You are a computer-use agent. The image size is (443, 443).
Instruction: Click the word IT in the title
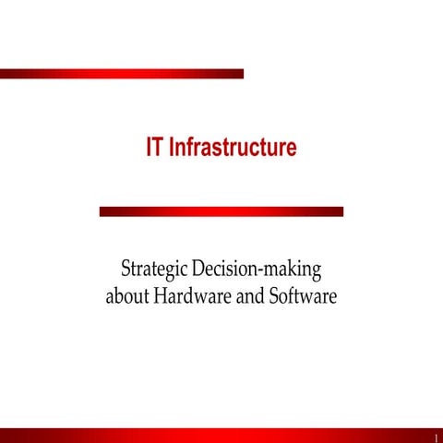tap(155, 148)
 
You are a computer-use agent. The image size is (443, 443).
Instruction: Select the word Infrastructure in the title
tap(233, 148)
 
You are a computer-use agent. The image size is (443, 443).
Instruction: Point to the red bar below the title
tap(221, 211)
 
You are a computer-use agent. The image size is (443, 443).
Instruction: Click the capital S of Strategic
tap(126, 269)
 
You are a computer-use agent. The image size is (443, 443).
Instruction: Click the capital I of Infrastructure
tap(173, 148)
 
